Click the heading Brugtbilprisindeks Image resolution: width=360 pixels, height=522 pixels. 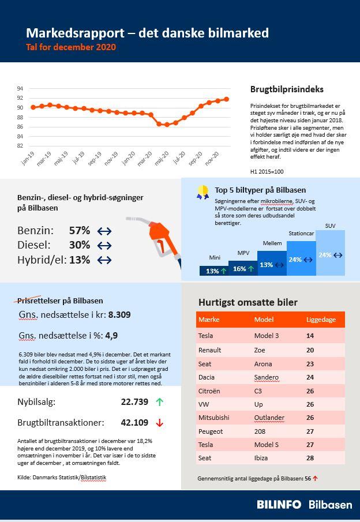point(287,89)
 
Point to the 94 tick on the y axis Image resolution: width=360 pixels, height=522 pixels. point(20,89)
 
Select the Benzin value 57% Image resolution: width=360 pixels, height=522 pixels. point(80,231)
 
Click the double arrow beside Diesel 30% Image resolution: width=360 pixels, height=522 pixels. point(104,245)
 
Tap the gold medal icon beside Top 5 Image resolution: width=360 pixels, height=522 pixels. point(202,191)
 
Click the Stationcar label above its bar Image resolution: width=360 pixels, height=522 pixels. point(301,234)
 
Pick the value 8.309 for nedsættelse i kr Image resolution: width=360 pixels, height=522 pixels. point(119,315)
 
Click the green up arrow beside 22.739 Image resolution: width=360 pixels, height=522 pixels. point(160,402)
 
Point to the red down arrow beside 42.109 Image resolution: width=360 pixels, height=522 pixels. point(160,423)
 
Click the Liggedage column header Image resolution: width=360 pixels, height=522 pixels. point(320,319)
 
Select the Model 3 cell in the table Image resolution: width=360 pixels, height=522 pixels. point(266,336)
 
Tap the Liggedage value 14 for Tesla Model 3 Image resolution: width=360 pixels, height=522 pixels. point(310,336)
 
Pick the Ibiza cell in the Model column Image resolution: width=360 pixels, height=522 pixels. point(262,457)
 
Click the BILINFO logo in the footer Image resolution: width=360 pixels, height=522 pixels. point(279,505)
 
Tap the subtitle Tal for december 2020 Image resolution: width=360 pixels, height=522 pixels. point(71,47)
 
